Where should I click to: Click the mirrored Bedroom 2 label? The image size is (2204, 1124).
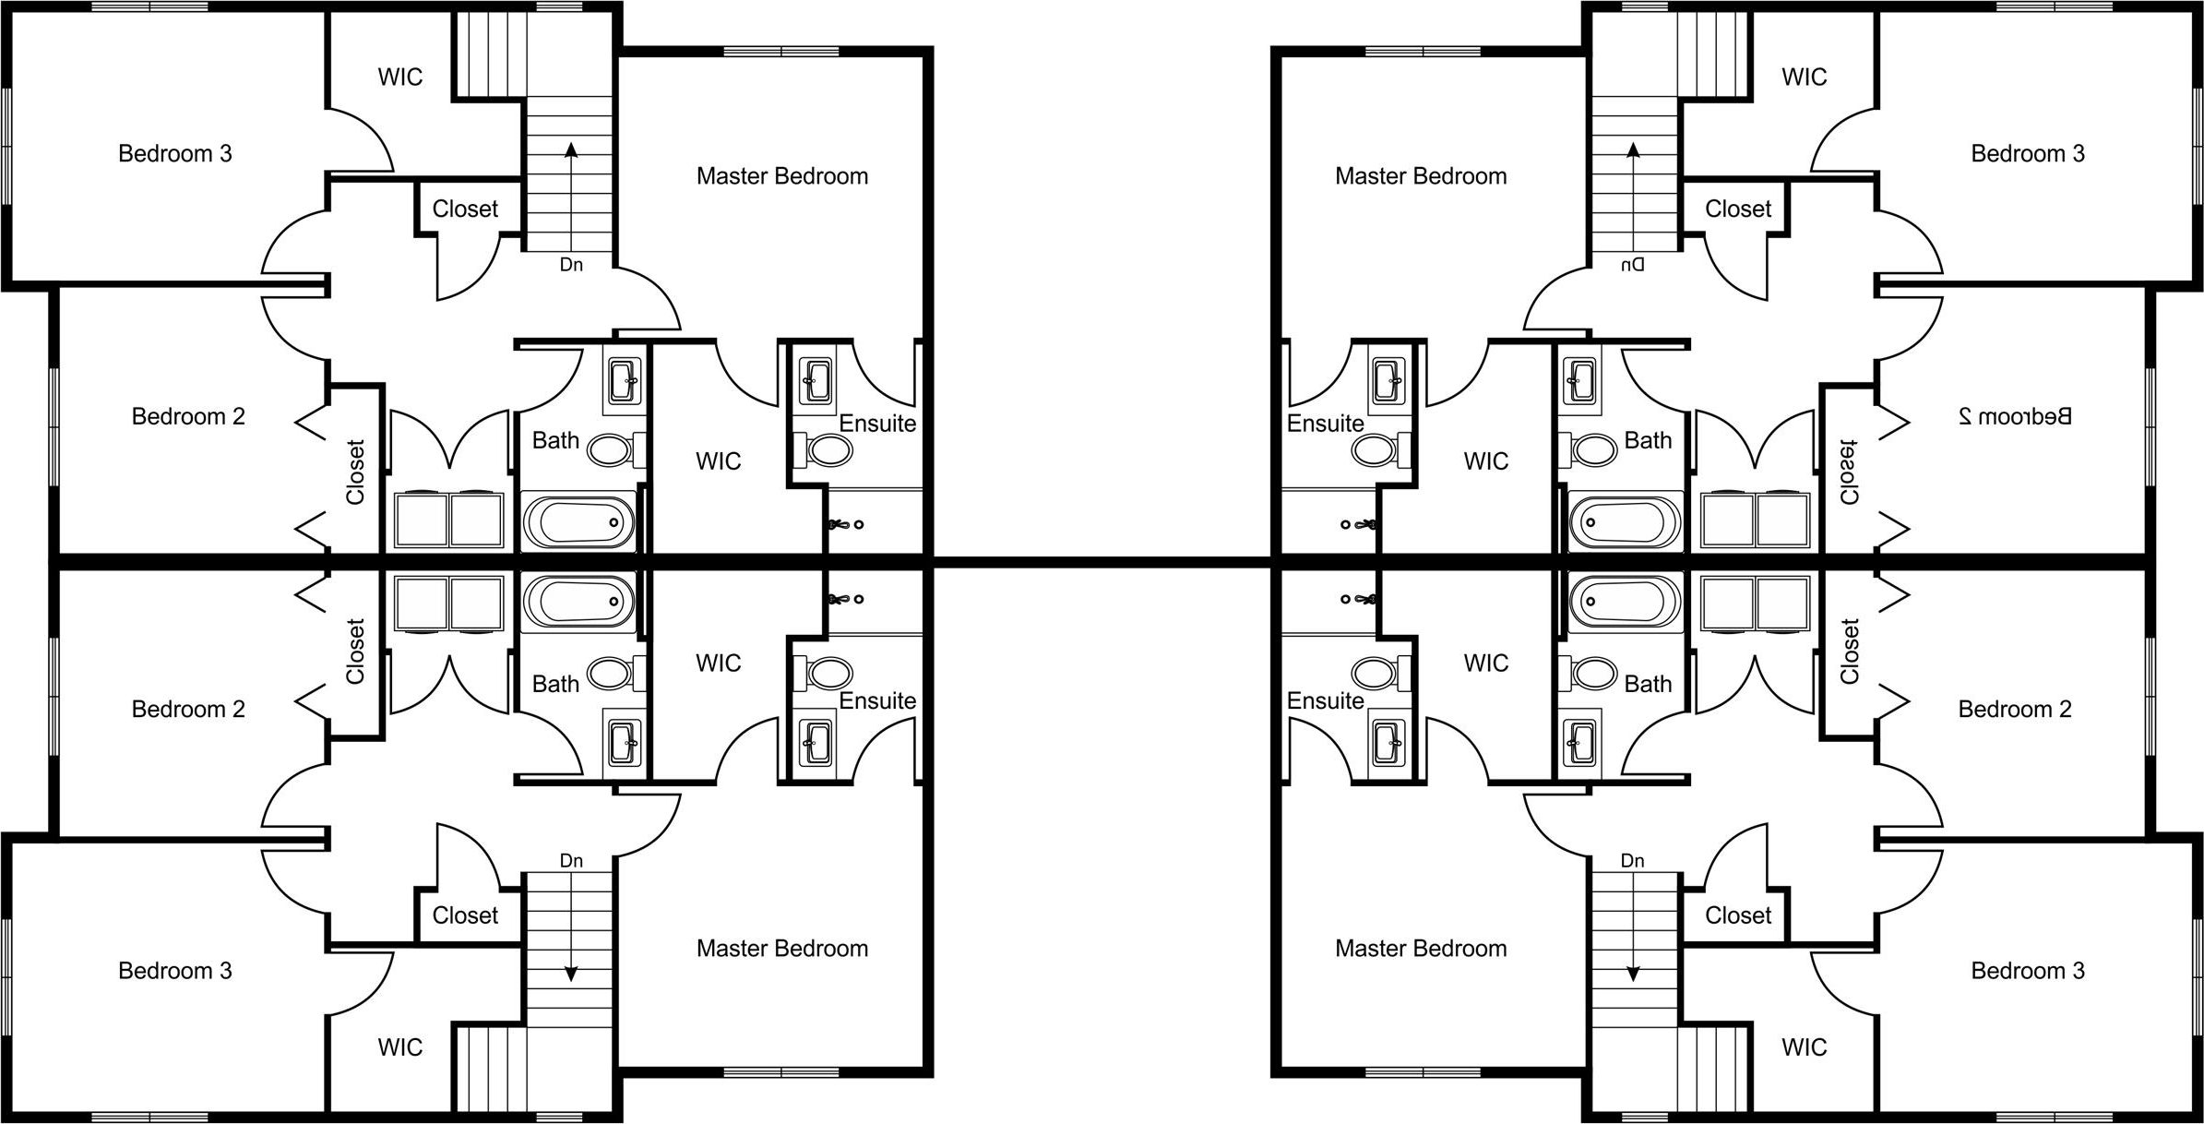[x=2014, y=416]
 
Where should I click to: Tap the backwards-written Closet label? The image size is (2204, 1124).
[x=1849, y=472]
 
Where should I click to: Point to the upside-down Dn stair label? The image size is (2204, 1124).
[x=1632, y=265]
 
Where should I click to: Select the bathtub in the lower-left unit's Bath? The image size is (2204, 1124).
[x=579, y=601]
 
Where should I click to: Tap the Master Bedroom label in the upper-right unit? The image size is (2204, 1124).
[x=1421, y=176]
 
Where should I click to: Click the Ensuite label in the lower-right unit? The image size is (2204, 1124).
[x=1325, y=701]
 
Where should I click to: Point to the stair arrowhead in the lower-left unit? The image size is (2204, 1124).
[x=571, y=974]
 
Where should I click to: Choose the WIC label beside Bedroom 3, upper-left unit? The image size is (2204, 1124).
[x=400, y=77]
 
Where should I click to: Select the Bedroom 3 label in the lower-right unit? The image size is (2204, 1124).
[x=2028, y=971]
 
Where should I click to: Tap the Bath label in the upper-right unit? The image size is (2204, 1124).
[x=1648, y=441]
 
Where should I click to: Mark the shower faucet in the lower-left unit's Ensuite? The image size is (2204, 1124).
[x=841, y=599]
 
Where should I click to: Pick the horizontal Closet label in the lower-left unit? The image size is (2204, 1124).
[x=465, y=915]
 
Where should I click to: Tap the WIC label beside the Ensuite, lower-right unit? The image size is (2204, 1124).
[x=1485, y=664]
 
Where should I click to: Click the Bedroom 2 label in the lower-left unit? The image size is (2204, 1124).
[x=188, y=710]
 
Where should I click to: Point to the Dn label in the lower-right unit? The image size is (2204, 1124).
[x=1632, y=861]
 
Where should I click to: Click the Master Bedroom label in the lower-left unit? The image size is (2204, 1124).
[x=782, y=949]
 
